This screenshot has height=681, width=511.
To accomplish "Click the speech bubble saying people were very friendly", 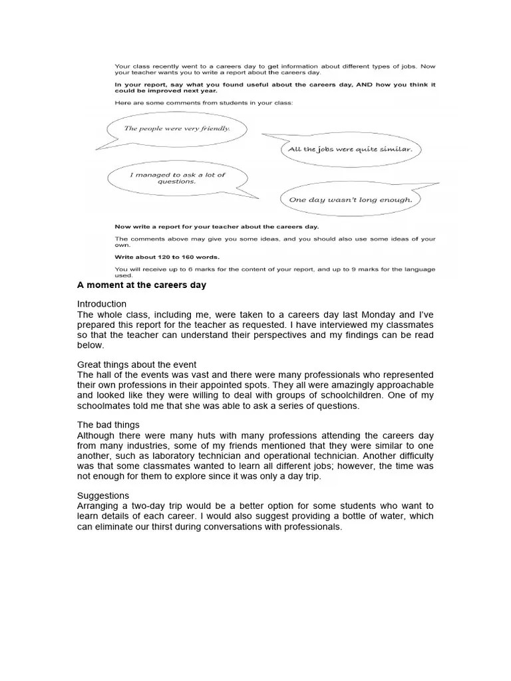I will click(x=176, y=128).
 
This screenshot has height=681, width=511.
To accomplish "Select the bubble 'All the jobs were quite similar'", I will click(x=350, y=149).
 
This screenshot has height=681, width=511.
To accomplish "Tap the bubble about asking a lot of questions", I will click(x=177, y=178).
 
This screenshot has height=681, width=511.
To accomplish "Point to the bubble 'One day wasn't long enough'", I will click(x=350, y=199).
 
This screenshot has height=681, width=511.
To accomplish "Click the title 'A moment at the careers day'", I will click(x=142, y=285).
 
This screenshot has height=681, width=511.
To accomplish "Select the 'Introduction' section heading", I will click(x=102, y=304).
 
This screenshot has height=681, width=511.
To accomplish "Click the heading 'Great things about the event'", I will click(x=136, y=364).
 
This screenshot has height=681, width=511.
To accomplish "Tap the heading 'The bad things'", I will click(x=108, y=424).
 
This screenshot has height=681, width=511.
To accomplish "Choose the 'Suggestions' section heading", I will click(x=103, y=495).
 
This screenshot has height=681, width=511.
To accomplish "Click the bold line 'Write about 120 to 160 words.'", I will click(x=167, y=257).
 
